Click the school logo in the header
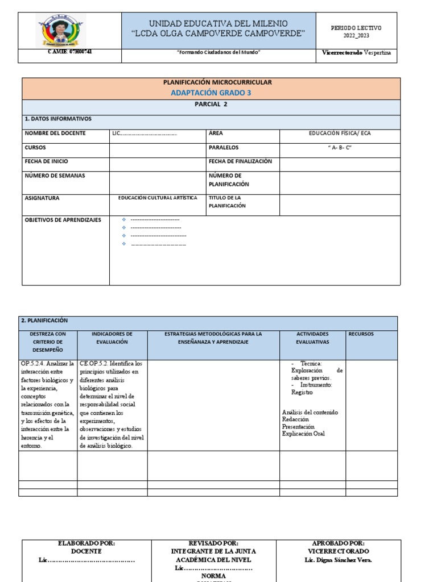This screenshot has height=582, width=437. pos(61,31)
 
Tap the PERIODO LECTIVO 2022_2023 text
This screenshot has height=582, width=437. pos(356,31)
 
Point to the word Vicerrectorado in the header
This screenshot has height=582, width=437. pos(342,52)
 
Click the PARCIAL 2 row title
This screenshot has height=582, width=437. pos(211,105)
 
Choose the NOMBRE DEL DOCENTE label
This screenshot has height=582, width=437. pos(55,133)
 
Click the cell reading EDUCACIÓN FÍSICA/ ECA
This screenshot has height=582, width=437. pos(339,133)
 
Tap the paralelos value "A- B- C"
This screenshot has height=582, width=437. pos(339,147)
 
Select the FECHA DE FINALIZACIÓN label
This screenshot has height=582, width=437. pos(240,161)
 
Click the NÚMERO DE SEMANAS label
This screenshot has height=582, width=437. pos(55,176)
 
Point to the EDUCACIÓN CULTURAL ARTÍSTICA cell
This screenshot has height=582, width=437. pos(158,198)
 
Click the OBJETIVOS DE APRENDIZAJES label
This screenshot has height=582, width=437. pos(63,219)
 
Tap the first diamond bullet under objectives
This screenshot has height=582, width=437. pos(124,219)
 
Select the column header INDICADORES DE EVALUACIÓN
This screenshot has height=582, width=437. pos(112,338)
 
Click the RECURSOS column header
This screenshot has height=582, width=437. pos(361,334)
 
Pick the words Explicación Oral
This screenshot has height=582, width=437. pos(303,434)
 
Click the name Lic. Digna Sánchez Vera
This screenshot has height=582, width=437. pos(338,560)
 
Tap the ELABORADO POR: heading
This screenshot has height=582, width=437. pos(86,543)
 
